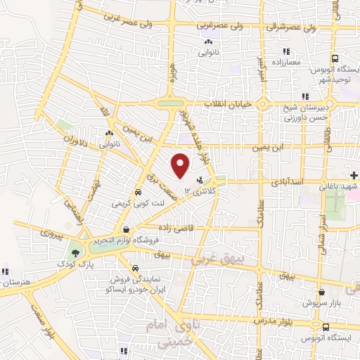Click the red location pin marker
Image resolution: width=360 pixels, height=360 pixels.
181,165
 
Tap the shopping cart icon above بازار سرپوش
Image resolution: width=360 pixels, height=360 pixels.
321,290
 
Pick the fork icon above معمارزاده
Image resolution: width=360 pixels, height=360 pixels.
285,51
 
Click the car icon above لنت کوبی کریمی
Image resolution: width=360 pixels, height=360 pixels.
137,192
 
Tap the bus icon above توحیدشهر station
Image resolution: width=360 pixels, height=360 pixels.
335,60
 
